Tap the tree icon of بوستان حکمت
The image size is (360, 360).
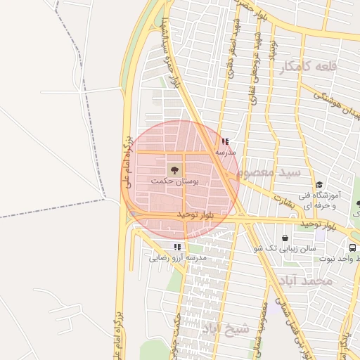(x=174, y=169)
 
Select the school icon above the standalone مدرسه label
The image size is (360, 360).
(x=225, y=141)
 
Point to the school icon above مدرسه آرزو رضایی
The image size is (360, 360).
(x=177, y=247)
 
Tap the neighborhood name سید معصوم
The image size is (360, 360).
(x=269, y=172)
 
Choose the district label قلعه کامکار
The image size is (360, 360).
(x=309, y=67)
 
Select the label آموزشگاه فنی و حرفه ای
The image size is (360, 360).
(x=333, y=200)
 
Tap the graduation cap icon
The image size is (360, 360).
(x=319, y=185)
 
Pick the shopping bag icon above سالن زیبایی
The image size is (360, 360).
(x=284, y=238)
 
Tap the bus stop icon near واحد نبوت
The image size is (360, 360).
(x=353, y=247)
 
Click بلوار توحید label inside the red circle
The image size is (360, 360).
(x=195, y=213)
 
